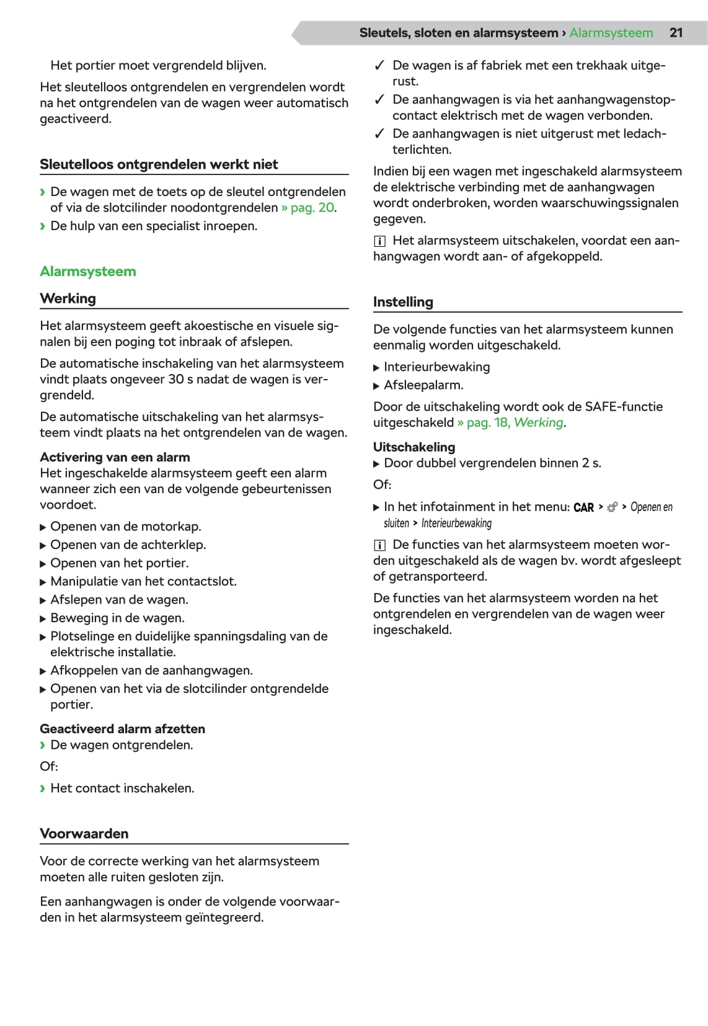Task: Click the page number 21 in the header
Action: coord(676,33)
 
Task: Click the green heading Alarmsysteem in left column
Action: coord(87,271)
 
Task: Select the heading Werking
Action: coord(68,298)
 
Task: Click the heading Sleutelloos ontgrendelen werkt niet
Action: coord(159,164)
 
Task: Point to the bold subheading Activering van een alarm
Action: coord(115,457)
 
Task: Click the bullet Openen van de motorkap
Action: coord(125,527)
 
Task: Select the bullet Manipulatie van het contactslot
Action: coord(143,581)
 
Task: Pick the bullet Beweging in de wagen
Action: coord(117,618)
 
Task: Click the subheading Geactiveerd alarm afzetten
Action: coord(122,729)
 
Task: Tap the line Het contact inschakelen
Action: coord(122,788)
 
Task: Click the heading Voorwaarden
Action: coord(84,834)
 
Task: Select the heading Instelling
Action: coord(403,302)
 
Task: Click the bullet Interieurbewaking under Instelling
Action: coord(436,367)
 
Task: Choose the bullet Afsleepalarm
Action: coord(423,385)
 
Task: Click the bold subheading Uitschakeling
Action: coord(414,447)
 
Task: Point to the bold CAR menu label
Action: coord(583,507)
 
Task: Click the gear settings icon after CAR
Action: coord(613,507)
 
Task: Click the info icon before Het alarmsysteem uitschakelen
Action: coord(379,241)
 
